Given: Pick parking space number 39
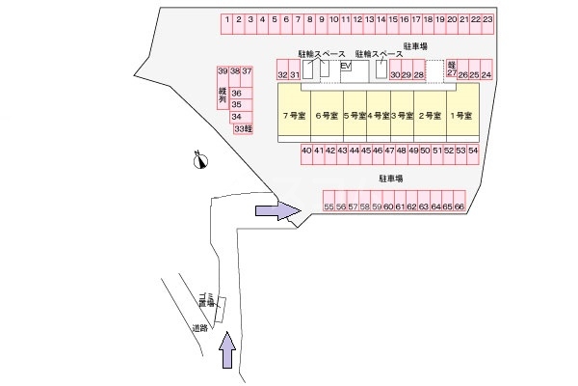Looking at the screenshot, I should [223, 72].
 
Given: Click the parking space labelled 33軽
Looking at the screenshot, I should [243, 128].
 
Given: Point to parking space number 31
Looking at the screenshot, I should [295, 74].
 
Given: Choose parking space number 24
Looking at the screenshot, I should [486, 74].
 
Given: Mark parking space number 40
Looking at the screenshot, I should [306, 151].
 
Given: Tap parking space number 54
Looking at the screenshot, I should [472, 151].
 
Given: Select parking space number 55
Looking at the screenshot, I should [328, 207].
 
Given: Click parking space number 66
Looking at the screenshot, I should [460, 207].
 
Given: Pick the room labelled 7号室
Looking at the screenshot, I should [294, 116].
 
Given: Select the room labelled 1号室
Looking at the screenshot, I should [460, 116].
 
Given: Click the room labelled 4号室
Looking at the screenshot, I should [379, 116].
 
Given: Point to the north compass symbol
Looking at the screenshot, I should [199, 160].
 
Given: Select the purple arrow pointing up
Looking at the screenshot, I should [227, 349].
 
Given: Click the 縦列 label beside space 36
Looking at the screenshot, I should [223, 94].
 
